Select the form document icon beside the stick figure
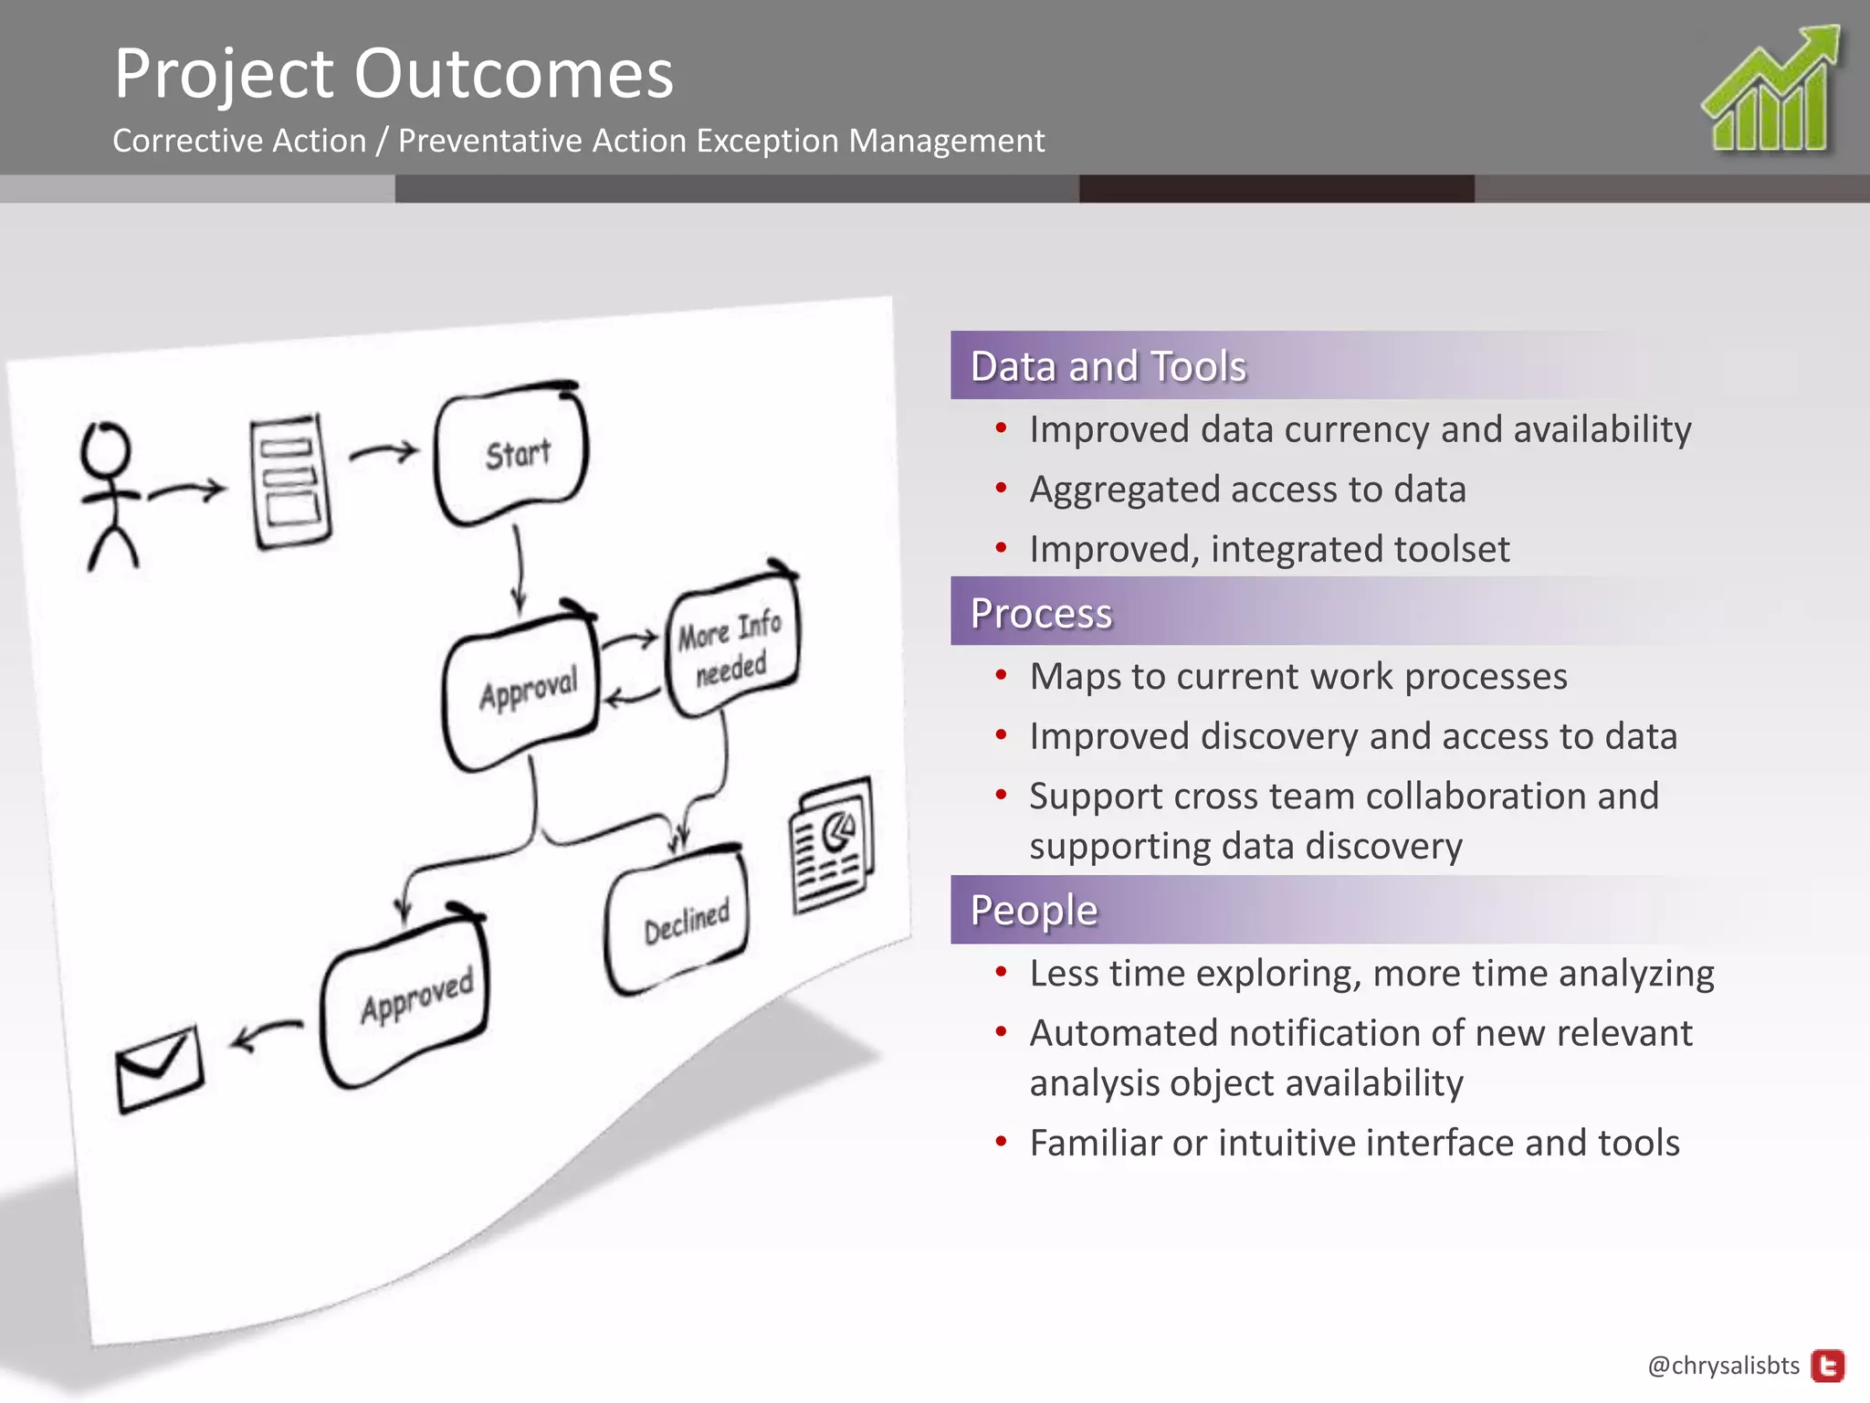tap(290, 481)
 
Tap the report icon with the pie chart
tap(832, 845)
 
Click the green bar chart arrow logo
tap(1771, 91)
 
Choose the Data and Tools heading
tap(1108, 366)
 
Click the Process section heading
tap(1041, 613)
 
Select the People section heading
tap(1034, 910)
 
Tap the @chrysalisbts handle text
tap(1723, 1366)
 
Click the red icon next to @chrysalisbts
tap(1828, 1366)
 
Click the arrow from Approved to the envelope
tap(266, 1034)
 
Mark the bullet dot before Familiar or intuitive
tap(1002, 1142)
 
